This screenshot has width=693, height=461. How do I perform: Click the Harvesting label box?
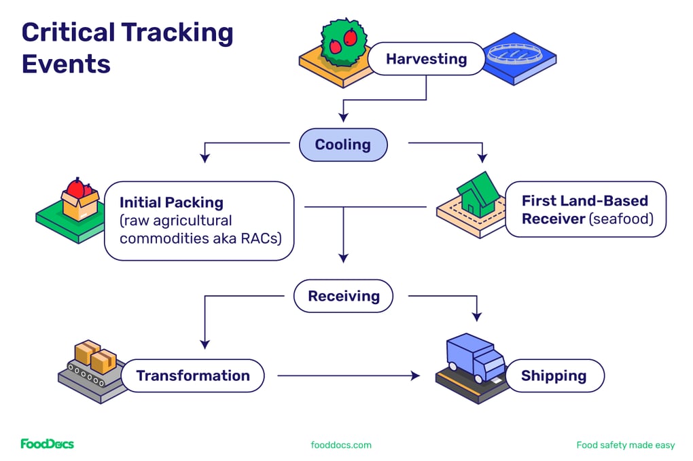tap(426, 59)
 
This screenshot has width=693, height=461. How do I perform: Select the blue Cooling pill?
tap(342, 145)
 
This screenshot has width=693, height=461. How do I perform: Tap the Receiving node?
tap(343, 296)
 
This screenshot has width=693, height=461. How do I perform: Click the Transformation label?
tap(193, 375)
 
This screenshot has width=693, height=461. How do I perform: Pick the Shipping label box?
tap(553, 375)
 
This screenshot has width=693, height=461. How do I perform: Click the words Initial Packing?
tap(171, 202)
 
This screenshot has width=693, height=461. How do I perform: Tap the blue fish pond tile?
tap(520, 58)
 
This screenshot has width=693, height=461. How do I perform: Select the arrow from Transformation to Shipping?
tap(349, 375)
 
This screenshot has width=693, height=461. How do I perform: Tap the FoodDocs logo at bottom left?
tap(47, 444)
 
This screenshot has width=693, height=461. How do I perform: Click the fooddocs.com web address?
tap(341, 445)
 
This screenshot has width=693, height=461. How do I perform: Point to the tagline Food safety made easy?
tap(625, 445)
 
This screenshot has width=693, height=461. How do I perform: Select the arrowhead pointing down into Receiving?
tap(343, 258)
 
